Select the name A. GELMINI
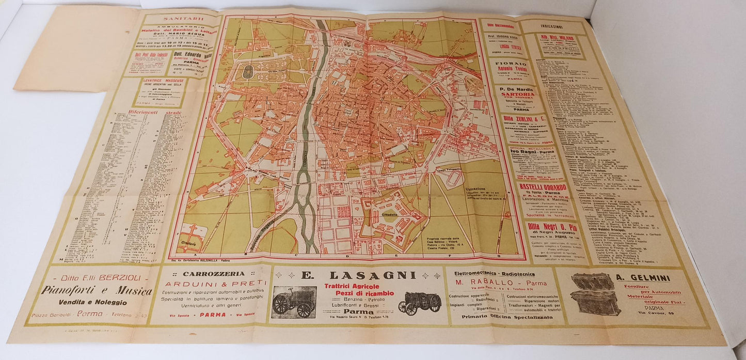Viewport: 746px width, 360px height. (643, 278)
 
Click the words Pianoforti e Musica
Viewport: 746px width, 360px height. (97, 291)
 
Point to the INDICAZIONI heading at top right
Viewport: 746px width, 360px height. (551, 26)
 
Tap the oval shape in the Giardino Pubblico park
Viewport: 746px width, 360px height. (248, 72)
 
